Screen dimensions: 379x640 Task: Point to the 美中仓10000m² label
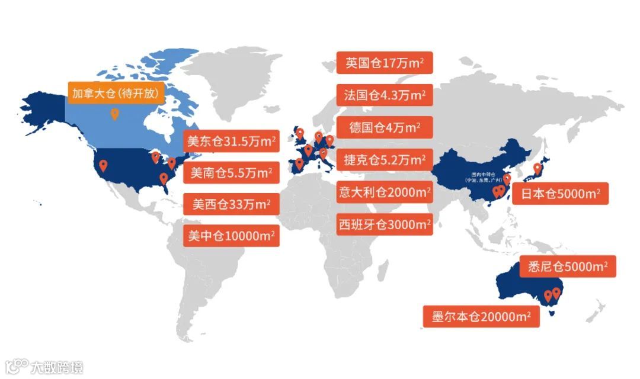coord(231,236)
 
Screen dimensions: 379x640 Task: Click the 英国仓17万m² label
coord(385,63)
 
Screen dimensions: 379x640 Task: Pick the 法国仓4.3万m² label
coord(385,95)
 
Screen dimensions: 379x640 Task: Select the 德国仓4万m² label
coord(385,127)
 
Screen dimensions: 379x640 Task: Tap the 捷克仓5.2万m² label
coord(385,159)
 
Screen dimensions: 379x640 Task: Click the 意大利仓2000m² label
coord(385,192)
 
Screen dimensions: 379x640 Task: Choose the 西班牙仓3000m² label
coord(385,224)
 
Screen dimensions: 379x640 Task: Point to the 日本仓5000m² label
coord(560,194)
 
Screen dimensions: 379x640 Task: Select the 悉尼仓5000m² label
coord(567,266)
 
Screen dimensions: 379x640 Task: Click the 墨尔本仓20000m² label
coord(481,316)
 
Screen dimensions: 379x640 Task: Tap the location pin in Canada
coord(114,114)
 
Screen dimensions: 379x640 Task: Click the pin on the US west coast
coord(103,165)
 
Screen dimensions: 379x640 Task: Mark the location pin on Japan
coord(537,168)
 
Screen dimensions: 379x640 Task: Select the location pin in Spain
coord(299,163)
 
